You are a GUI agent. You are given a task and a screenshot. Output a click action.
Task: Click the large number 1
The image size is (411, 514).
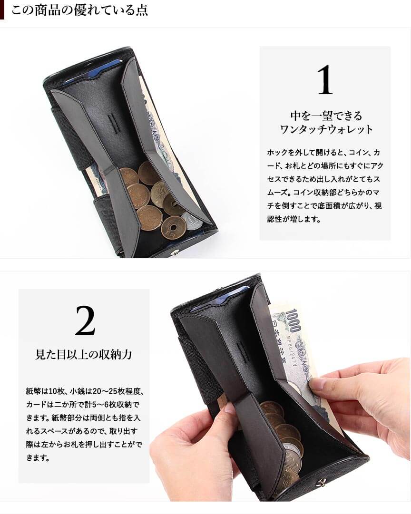click(325, 79)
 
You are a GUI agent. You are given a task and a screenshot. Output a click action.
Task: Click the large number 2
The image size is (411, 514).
click(85, 320)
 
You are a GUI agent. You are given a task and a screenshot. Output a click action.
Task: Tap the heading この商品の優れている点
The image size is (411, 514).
click(79, 10)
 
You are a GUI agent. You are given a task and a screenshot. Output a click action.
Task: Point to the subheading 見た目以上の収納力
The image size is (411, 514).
click(83, 354)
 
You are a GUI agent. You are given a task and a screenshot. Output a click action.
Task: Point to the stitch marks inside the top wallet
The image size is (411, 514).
click(116, 123)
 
